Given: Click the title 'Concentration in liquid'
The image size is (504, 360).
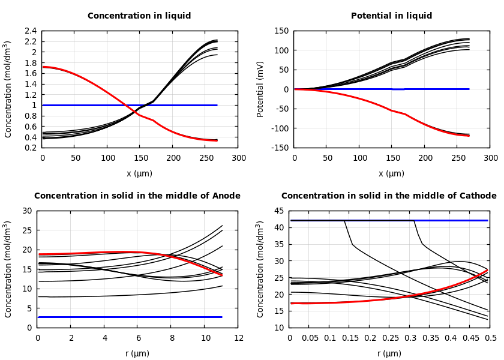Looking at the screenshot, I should point(139,16).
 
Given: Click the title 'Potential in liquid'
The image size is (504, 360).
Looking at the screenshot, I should point(391,16).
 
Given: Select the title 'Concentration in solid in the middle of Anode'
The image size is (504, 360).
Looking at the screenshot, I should point(137,196).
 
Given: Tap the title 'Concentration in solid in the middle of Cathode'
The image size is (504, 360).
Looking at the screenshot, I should point(389,196).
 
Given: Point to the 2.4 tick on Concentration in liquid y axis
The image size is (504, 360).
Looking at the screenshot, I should point(30,31).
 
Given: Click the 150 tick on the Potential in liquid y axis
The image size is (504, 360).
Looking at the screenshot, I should point(281,31).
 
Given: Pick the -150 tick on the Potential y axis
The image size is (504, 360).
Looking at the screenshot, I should point(280,148).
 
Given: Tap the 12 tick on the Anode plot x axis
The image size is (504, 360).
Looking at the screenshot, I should point(238,338).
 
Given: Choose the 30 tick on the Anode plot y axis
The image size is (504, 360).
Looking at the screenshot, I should point(26,211).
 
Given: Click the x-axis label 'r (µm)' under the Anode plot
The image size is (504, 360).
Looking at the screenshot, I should point(137,353).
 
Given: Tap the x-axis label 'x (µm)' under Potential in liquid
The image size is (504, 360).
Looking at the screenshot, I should point(391,173).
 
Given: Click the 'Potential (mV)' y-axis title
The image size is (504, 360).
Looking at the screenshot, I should point(260,89).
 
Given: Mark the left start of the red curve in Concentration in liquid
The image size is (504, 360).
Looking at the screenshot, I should point(43,67).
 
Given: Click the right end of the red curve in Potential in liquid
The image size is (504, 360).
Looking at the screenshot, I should point(469,135).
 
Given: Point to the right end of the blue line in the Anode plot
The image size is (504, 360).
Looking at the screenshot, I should point(221,317).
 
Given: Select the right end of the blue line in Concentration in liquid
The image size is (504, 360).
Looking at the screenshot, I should point(217,105).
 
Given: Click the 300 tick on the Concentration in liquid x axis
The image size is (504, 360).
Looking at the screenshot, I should point(238,158).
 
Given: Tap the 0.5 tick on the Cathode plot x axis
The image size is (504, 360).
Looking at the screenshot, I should point(490,338).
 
